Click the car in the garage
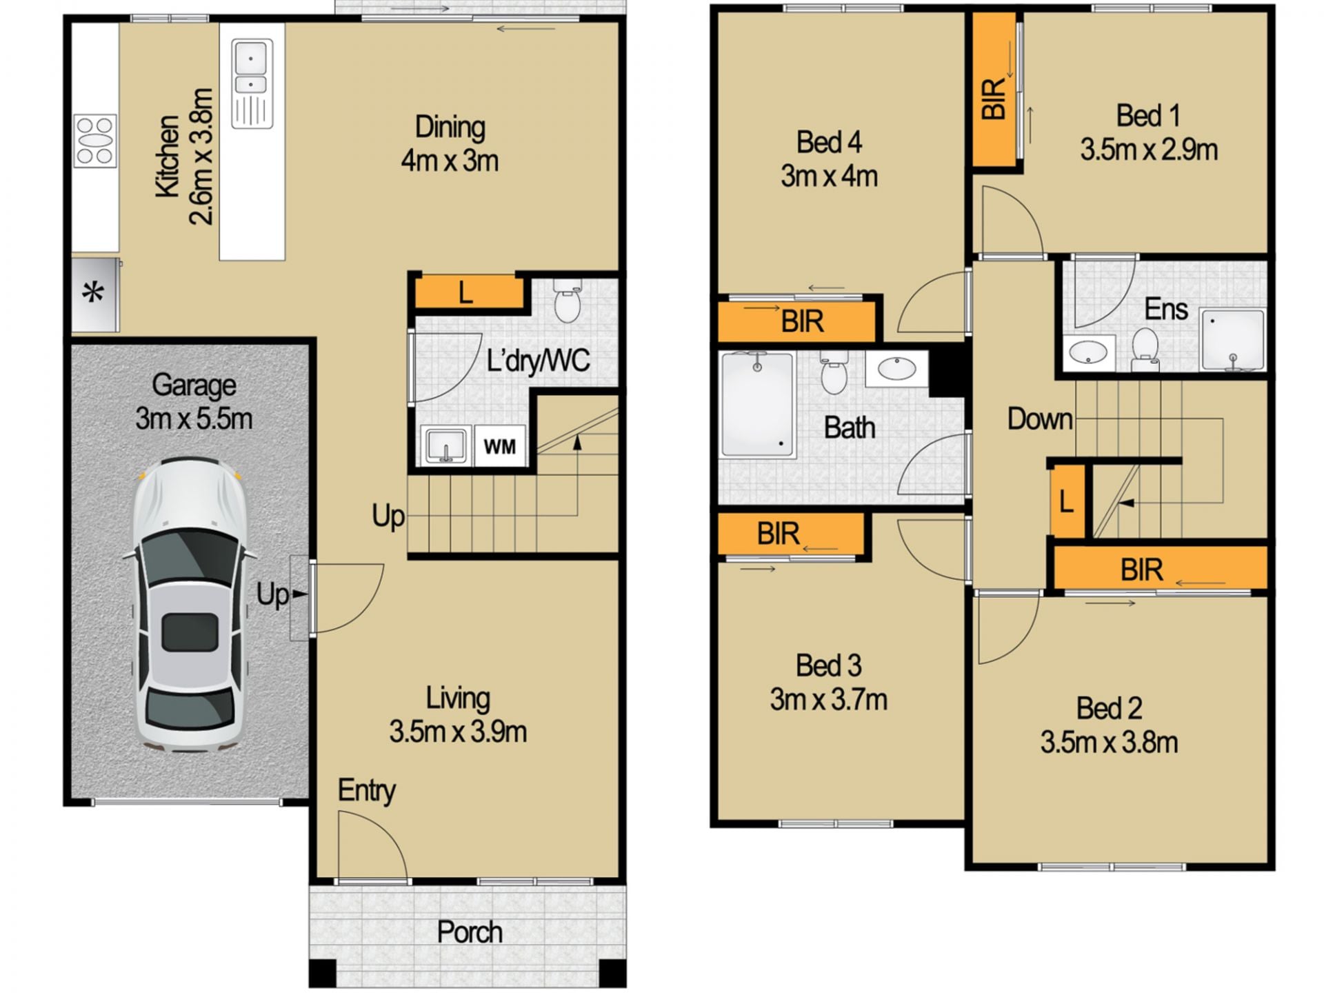point(190,604)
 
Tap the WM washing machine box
point(500,446)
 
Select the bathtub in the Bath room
point(757,405)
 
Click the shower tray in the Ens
point(1233,340)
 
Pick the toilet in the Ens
point(1145,348)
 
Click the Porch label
point(470,932)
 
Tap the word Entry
point(366,790)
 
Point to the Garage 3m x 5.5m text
point(194,401)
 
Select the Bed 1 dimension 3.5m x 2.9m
point(1149,150)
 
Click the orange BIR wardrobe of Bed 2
point(1161,568)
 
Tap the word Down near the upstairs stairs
point(1040,419)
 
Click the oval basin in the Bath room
point(896,369)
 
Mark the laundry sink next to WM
point(446,445)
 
